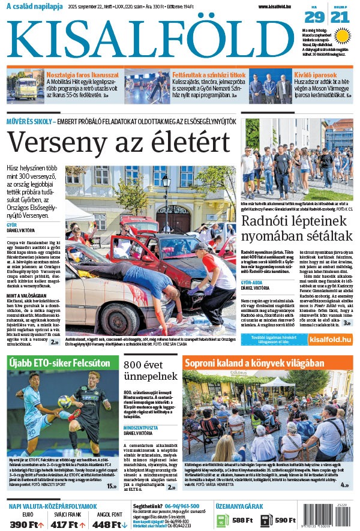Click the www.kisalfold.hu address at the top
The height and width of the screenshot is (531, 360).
click(279, 7)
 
